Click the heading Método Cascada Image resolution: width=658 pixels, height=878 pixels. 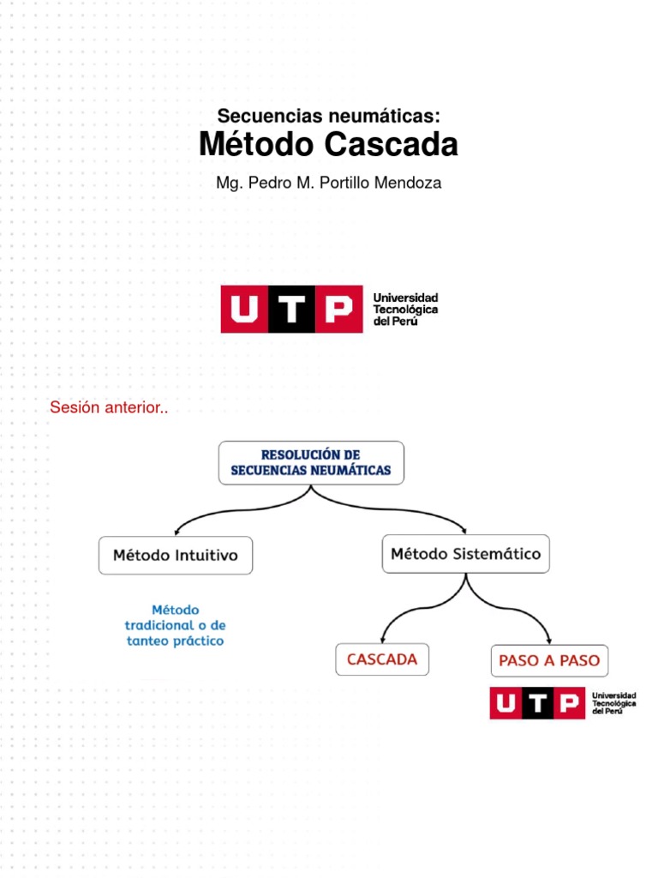[328, 145]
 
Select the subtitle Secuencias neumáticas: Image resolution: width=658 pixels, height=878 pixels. [328, 115]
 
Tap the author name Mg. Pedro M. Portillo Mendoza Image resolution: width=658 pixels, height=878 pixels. [328, 183]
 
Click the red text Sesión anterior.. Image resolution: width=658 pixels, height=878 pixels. [109, 408]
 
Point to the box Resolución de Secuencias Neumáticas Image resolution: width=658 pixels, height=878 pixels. [311, 462]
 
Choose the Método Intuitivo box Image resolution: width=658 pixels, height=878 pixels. [176, 555]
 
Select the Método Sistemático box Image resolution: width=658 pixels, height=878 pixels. [465, 554]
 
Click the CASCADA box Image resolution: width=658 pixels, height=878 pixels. [382, 659]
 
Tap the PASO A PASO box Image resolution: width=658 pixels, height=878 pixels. [549, 661]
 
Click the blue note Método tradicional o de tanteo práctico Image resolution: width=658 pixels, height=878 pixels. [175, 625]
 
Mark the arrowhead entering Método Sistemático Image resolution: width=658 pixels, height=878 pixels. [464, 530]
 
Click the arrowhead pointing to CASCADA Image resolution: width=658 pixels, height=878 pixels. [383, 640]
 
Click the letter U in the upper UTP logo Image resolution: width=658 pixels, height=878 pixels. [244, 310]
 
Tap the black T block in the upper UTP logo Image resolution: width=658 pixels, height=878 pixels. [292, 310]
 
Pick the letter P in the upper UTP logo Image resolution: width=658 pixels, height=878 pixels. [338, 310]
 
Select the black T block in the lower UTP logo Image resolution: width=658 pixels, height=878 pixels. [537, 703]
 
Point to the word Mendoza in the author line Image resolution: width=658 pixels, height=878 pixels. [410, 183]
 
